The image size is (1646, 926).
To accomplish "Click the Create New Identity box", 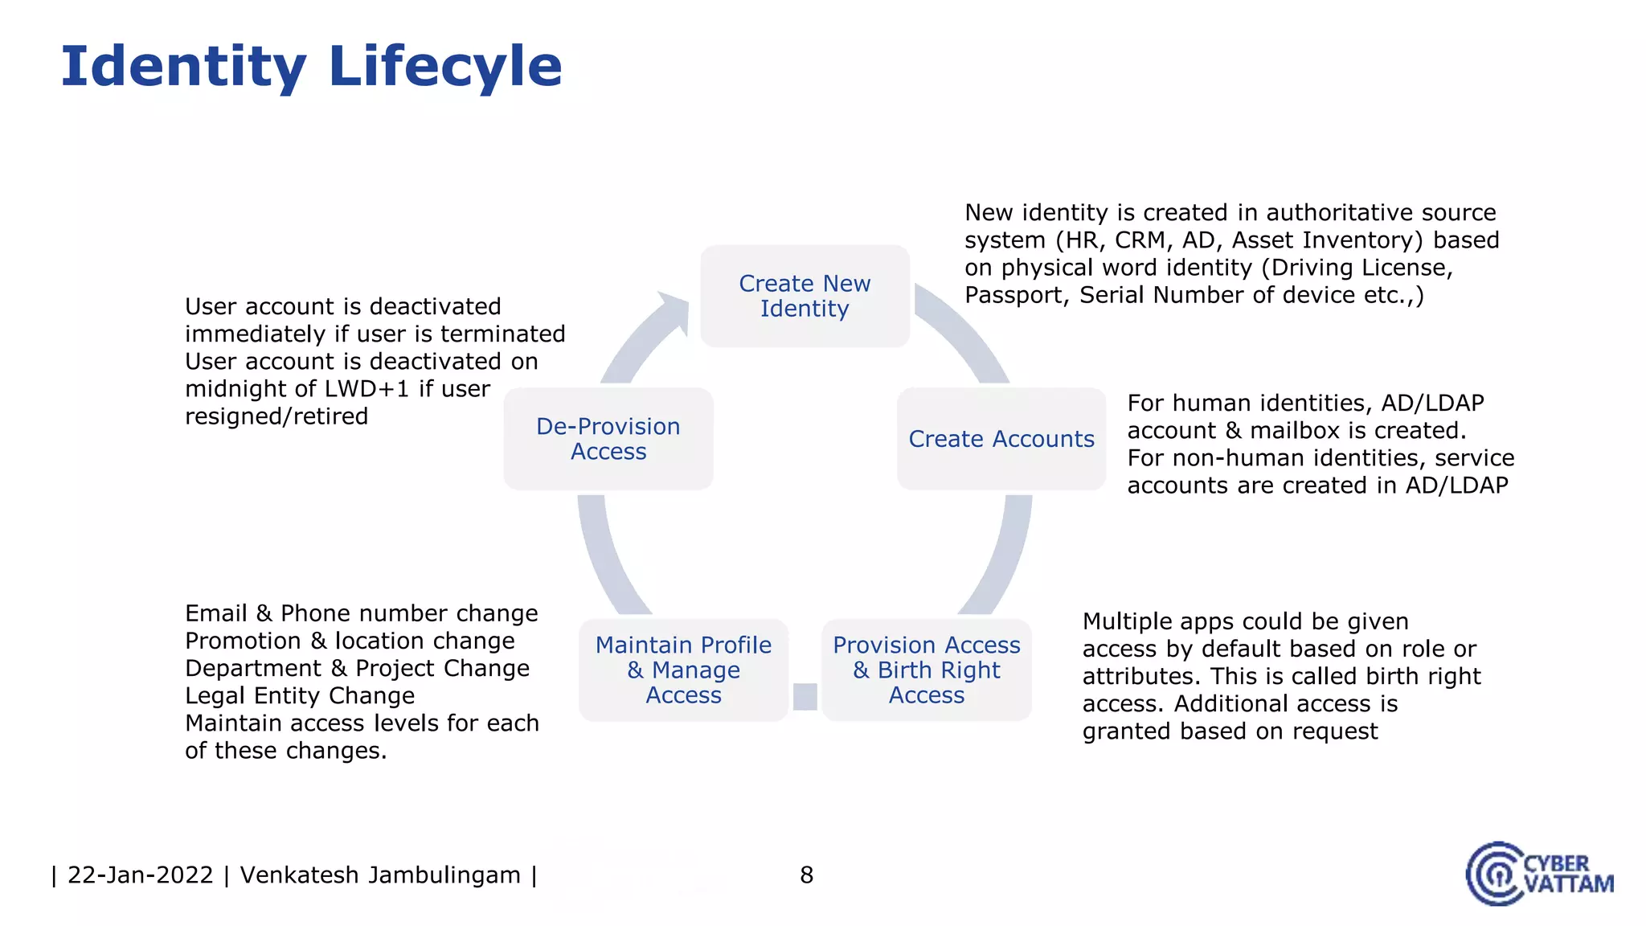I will pyautogui.click(x=805, y=296).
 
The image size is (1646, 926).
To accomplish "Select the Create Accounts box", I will pyautogui.click(x=1001, y=439).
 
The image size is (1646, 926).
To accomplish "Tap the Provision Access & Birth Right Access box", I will pyautogui.click(x=926, y=670).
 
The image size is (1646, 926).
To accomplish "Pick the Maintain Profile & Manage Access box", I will pyautogui.click(x=683, y=670).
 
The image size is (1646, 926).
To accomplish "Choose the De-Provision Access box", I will pyautogui.click(x=608, y=439).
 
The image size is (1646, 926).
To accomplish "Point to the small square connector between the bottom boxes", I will pyautogui.click(x=805, y=696).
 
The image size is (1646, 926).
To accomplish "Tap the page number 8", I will pyautogui.click(x=807, y=875).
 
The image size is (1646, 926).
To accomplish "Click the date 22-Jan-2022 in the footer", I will pyautogui.click(x=140, y=875).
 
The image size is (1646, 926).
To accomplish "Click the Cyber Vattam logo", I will pyautogui.click(x=1538, y=874).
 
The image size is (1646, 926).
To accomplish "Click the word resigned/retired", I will pyautogui.click(x=276, y=416).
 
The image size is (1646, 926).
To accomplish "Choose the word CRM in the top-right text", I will pyautogui.click(x=1140, y=240).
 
